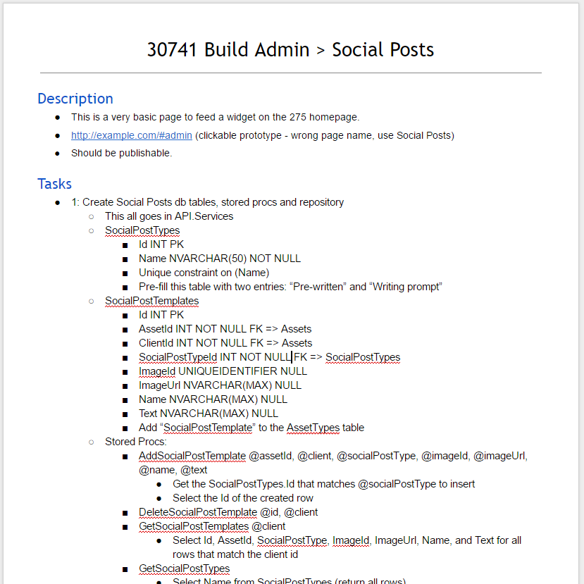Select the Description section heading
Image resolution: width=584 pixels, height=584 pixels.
tap(75, 99)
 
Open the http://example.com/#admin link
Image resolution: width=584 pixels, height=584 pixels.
tap(131, 135)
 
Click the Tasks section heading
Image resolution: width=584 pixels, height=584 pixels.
tap(55, 184)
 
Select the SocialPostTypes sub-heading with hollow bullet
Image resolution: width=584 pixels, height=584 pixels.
tap(142, 230)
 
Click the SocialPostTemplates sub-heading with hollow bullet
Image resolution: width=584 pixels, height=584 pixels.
tap(151, 301)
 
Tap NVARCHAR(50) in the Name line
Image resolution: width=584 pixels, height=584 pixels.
tap(208, 259)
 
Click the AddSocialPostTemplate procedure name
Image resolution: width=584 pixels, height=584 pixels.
tap(192, 456)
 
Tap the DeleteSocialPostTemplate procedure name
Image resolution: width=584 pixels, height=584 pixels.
tap(198, 512)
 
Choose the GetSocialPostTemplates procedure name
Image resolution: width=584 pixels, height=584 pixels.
tap(194, 526)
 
